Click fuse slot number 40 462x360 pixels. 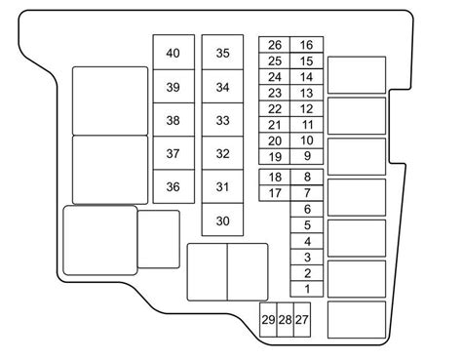tap(173, 53)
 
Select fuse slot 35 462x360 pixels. tap(222, 53)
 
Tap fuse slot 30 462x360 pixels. tap(222, 220)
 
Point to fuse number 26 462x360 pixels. tap(275, 45)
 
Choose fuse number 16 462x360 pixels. tap(307, 45)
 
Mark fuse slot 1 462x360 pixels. tap(307, 289)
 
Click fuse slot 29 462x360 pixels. tap(268, 320)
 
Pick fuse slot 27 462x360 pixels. tap(302, 320)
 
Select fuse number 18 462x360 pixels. tap(275, 178)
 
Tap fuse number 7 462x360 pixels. tap(307, 193)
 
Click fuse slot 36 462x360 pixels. tap(173, 186)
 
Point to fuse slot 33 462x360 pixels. tap(222, 120)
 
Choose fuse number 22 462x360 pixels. tap(275, 109)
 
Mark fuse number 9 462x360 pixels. tap(307, 157)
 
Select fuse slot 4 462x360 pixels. tap(307, 241)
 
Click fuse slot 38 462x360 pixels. tap(173, 120)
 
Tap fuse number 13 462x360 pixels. tap(307, 93)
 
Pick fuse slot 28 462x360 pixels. tap(286, 320)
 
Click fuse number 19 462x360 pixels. tap(275, 157)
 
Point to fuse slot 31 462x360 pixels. tap(222, 186)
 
